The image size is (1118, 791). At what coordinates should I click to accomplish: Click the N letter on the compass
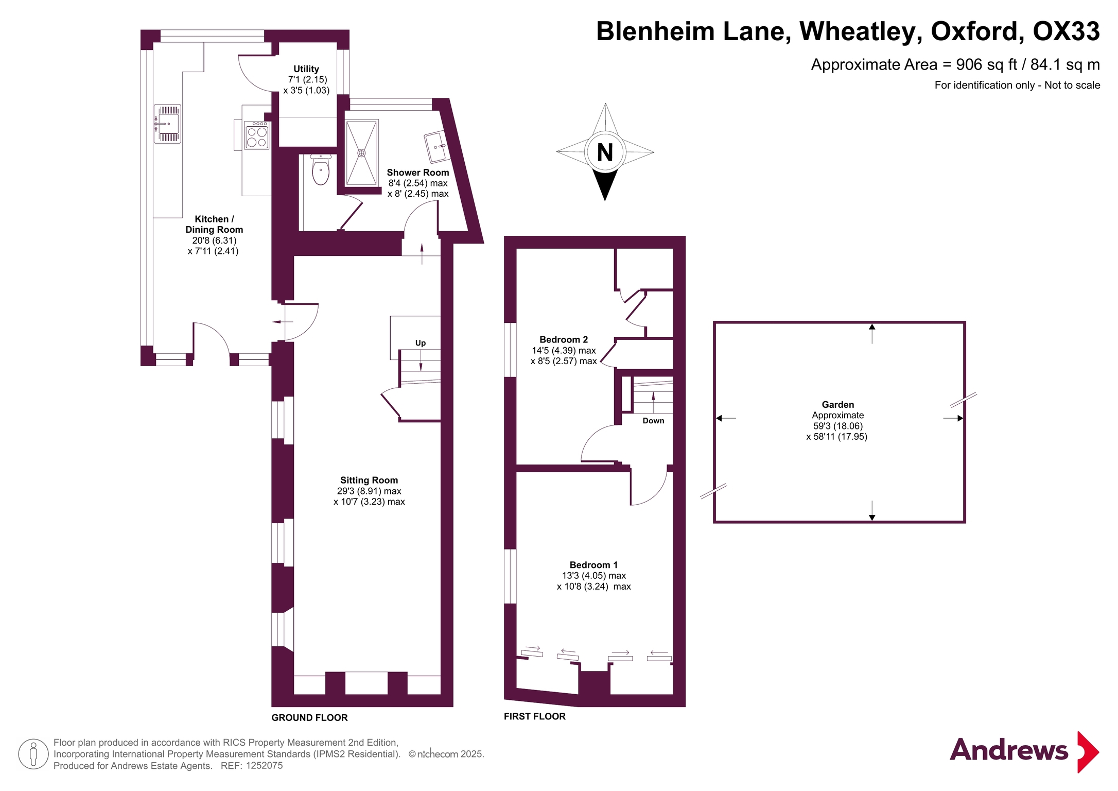click(605, 152)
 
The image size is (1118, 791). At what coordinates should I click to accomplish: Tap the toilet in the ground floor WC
click(321, 170)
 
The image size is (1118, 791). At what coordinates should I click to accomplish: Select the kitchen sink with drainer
click(167, 124)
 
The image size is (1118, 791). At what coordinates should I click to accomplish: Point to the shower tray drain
click(361, 153)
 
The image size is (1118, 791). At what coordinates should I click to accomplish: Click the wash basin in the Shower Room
click(435, 146)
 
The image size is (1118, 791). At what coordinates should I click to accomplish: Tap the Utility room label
click(306, 69)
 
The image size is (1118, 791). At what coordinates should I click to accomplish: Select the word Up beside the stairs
click(420, 343)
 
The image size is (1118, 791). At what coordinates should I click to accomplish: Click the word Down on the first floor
click(653, 421)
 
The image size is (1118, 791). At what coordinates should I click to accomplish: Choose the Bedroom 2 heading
click(563, 339)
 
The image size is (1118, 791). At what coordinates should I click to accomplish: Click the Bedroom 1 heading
click(593, 565)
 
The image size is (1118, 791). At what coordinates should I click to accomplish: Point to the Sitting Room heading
click(369, 480)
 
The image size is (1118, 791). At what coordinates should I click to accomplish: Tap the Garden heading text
click(837, 405)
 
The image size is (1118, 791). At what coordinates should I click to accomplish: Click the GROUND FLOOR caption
click(309, 717)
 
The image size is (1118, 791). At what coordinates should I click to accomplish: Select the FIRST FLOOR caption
click(534, 716)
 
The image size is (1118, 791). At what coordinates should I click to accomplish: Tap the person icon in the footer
click(33, 754)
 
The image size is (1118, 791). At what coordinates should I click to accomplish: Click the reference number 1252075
click(264, 766)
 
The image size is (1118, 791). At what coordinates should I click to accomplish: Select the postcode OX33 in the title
click(1066, 31)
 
